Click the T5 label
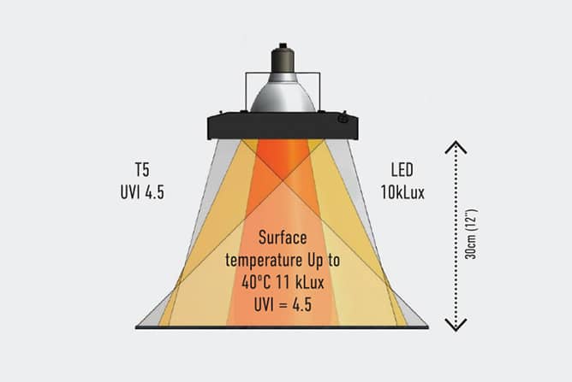142,170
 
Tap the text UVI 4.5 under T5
142,192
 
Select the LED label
402,170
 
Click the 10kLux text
402,192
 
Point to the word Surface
283,238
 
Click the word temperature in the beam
264,261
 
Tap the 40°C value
256,282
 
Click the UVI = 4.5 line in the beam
283,305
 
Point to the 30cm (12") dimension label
471,234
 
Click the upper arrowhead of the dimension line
456,146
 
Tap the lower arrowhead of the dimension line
456,325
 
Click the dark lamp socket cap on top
283,58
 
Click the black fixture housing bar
283,126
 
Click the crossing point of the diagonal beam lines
283,180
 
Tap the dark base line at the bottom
282,327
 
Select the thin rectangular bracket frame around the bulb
283,91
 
